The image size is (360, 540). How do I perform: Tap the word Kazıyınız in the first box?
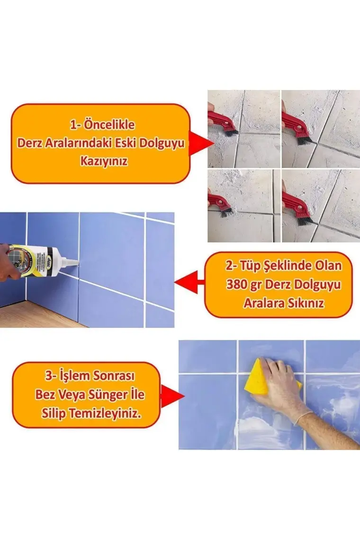click(x=104, y=161)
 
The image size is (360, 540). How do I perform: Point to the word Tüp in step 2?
click(x=250, y=266)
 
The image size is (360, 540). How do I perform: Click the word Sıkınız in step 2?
click(x=306, y=304)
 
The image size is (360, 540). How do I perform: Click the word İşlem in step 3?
click(x=74, y=375)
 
